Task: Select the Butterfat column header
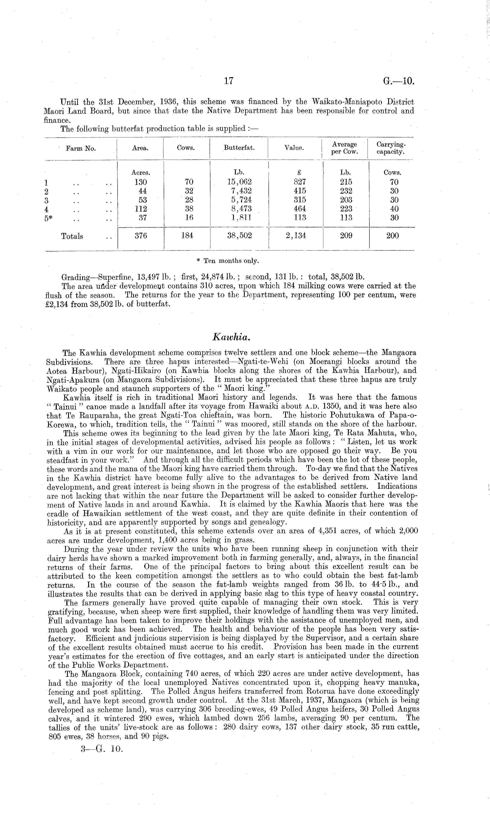[239, 148]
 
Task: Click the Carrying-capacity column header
[391, 148]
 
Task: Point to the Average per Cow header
[344, 148]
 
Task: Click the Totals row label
[72, 236]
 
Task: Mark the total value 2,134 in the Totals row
[299, 236]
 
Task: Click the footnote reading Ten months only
[228, 261]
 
